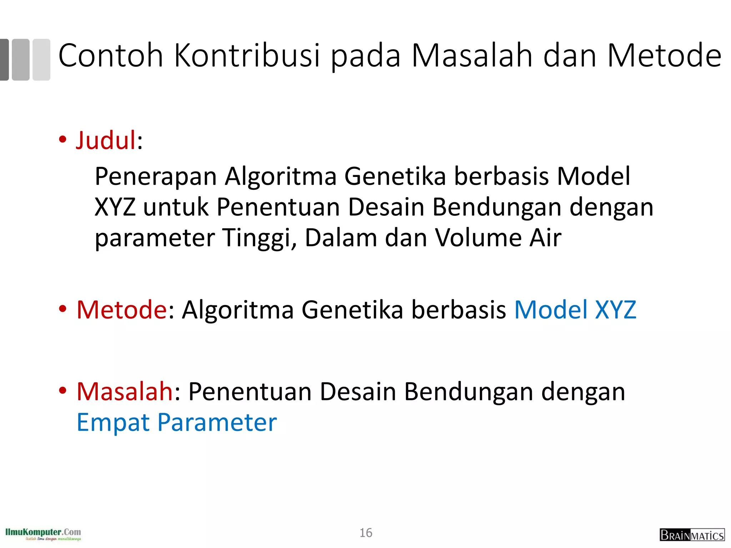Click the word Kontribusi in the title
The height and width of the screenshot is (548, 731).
247,56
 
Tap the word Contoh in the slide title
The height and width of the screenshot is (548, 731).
111,56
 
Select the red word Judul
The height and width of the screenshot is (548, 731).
106,140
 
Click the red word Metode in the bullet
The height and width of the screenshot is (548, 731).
122,309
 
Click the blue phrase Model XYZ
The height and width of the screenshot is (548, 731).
575,309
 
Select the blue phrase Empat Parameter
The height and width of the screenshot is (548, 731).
177,422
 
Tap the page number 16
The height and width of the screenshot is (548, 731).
366,533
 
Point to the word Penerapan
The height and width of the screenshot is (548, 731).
156,176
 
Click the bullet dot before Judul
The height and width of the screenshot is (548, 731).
63,140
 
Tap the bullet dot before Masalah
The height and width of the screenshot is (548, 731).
63,391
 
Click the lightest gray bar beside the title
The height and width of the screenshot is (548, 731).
41,60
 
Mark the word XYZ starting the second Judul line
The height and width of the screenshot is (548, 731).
115,207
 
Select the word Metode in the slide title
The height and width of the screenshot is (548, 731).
664,56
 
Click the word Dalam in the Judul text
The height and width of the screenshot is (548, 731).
341,238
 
